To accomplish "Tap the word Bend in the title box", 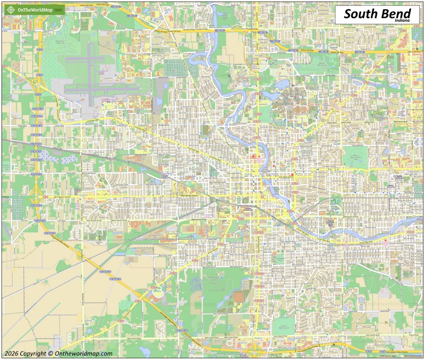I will pos(395,14).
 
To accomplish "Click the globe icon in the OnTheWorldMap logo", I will pos(9,10).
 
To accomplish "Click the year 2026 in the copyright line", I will pos(12,354).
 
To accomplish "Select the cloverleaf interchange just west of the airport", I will pos(38,84).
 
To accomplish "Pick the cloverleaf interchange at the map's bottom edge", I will pos(254,349).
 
